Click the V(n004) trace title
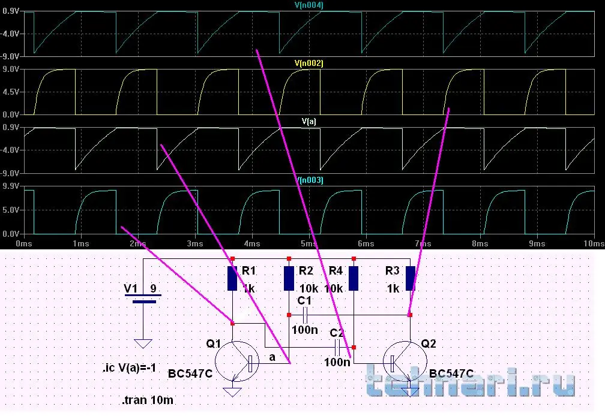pyautogui.click(x=309, y=5)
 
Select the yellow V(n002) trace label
pyautogui.click(x=309, y=63)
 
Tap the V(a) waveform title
pyautogui.click(x=309, y=122)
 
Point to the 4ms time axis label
pyautogui.click(x=252, y=243)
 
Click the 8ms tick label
pyautogui.click(x=480, y=243)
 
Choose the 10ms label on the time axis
pyautogui.click(x=594, y=243)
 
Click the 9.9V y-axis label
pyautogui.click(x=11, y=186)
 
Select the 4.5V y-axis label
pyautogui.click(x=11, y=92)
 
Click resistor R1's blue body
pyautogui.click(x=232, y=278)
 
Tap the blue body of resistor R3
pyautogui.click(x=410, y=278)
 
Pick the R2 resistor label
pyautogui.click(x=306, y=271)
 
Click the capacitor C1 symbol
pyautogui.click(x=305, y=315)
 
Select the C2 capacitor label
pyautogui.click(x=337, y=333)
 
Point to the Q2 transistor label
pyautogui.click(x=429, y=343)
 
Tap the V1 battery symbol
pyautogui.click(x=143, y=299)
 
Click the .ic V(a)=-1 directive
pyautogui.click(x=129, y=368)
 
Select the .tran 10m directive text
pyautogui.click(x=148, y=400)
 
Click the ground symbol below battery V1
pyautogui.click(x=143, y=343)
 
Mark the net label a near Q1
pyautogui.click(x=272, y=357)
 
